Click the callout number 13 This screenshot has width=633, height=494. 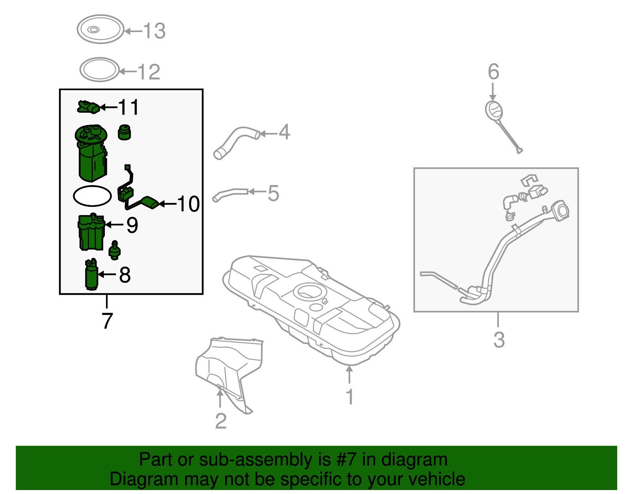point(154,31)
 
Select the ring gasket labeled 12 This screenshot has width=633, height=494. point(99,70)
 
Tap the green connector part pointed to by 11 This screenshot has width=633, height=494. point(88,107)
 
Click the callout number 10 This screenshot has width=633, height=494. point(189,204)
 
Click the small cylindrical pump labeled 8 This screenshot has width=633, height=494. point(91,275)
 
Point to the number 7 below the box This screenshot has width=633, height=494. point(107,321)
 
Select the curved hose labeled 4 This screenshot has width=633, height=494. point(235,142)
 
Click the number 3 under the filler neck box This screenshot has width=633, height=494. point(499,340)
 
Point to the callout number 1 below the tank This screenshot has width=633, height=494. point(349,397)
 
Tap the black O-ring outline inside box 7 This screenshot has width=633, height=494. point(92,196)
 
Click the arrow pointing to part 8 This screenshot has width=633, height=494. point(107,274)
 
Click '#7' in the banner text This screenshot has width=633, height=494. point(347,460)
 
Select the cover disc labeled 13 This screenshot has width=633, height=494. point(100,29)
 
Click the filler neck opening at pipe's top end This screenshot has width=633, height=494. point(561,210)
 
